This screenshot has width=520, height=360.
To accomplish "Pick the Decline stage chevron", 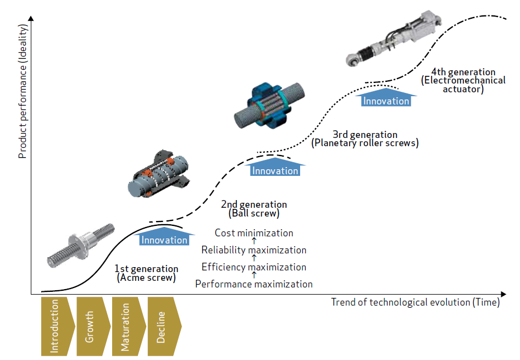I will [x=162, y=326].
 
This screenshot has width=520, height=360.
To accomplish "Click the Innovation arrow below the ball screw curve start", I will [x=164, y=239].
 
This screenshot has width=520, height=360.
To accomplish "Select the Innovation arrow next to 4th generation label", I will [x=386, y=99].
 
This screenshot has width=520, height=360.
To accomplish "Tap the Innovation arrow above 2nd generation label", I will [x=275, y=169].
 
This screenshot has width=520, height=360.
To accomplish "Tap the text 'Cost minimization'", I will [x=254, y=233].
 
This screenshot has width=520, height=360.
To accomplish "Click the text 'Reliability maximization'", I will [x=254, y=250].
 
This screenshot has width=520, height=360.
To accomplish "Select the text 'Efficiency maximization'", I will [x=254, y=267].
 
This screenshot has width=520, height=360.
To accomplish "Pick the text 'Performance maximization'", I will [x=254, y=284].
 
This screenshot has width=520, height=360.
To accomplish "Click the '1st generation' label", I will [x=146, y=269].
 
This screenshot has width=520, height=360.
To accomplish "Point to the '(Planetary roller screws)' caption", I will [x=365, y=143].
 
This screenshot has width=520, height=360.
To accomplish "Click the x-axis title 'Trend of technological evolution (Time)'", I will [x=416, y=302].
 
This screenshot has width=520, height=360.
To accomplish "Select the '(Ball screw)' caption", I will [x=254, y=213].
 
